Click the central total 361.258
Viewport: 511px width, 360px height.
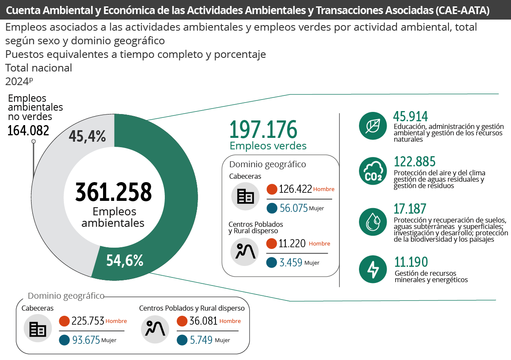(113, 192)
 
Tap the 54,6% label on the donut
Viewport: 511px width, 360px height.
(125, 260)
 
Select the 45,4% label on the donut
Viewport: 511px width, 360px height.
(87, 136)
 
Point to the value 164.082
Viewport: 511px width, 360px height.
(28, 131)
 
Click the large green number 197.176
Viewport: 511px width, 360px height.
(263, 130)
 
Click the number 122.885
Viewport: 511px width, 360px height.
(415, 162)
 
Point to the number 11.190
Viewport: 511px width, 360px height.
(411, 262)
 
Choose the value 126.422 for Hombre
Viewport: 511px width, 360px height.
(296, 189)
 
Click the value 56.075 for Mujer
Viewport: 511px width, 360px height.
(293, 209)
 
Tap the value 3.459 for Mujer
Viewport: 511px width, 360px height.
(291, 263)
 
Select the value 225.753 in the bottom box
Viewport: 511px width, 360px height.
(88, 321)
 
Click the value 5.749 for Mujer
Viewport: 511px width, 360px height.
(201, 340)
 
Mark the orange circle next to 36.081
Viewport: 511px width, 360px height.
(182, 321)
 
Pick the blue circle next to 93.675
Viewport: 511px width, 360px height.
(65, 340)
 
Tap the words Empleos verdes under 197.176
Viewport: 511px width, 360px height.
(268, 146)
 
